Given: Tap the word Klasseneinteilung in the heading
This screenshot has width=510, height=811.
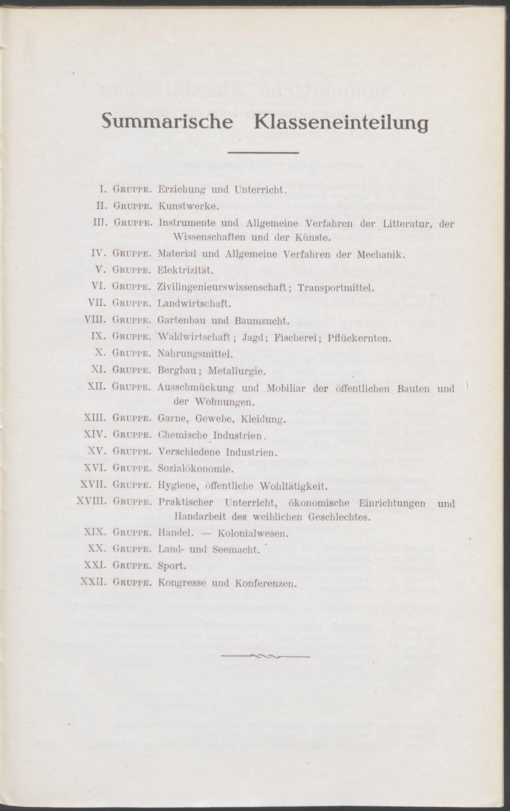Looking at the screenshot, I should (x=341, y=122).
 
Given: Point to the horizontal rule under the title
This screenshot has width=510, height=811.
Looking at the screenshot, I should (x=263, y=153).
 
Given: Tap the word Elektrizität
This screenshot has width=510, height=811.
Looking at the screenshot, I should (x=185, y=270).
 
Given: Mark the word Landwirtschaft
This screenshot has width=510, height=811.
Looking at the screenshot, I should (x=194, y=304).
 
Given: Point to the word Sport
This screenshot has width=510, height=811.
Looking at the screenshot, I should (x=172, y=566).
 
